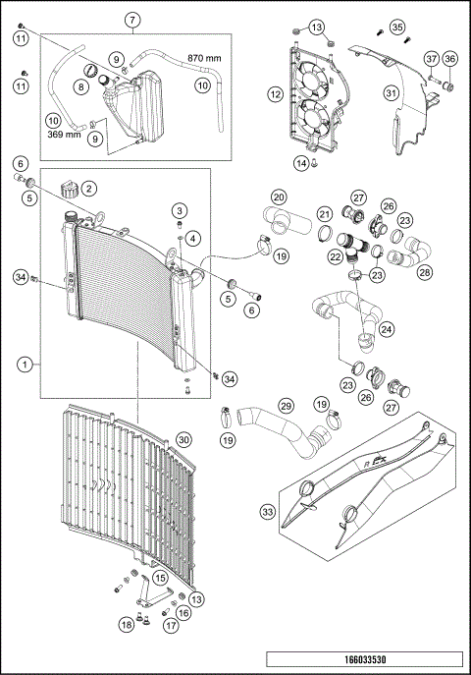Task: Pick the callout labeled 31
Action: pos(392,93)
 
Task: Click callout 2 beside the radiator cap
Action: pos(88,187)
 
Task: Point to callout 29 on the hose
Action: pos(286,405)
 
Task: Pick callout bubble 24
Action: pos(388,328)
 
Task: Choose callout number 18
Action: pos(127,624)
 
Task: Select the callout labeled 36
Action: pos(451,59)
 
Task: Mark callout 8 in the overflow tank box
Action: pos(79,86)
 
